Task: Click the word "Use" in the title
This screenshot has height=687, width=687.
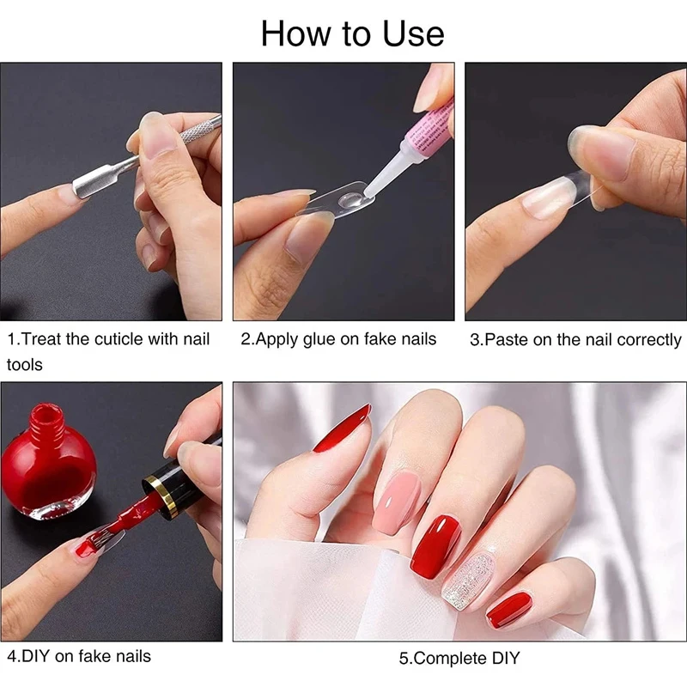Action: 413,34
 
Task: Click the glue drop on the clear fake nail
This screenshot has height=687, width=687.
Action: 352,201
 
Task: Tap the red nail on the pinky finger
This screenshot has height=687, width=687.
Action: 508,610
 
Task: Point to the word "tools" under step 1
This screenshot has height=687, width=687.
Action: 25,364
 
